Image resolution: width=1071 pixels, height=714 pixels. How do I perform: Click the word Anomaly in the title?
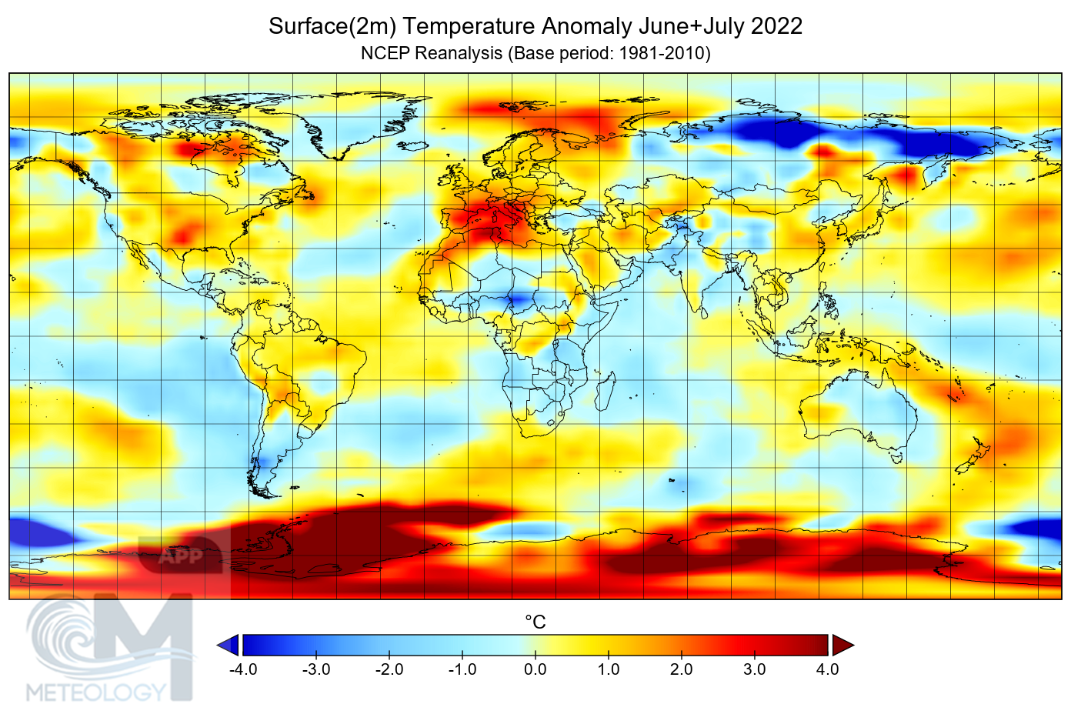click(586, 26)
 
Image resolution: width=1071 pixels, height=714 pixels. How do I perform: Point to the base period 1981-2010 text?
click(662, 53)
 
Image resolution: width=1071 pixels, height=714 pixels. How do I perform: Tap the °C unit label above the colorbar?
click(535, 622)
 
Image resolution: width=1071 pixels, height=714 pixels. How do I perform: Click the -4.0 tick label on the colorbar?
click(243, 669)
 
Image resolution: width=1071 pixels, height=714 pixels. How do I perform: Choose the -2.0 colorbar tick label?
click(389, 669)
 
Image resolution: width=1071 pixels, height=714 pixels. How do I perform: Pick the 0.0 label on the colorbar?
click(535, 669)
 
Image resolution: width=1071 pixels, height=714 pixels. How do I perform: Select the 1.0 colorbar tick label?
click(608, 669)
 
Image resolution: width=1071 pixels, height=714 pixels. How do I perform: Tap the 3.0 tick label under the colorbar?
click(754, 669)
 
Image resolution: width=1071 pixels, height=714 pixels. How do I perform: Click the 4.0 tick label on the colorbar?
click(827, 669)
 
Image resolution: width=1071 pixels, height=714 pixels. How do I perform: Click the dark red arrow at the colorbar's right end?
click(842, 645)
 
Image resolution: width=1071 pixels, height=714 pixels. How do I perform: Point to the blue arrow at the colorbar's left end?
click(229, 645)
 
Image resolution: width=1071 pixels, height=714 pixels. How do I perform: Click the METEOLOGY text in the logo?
click(96, 692)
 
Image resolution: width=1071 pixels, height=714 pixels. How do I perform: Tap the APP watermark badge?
click(180, 556)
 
